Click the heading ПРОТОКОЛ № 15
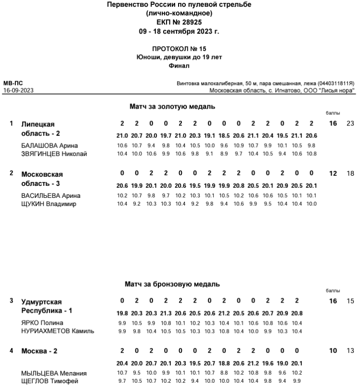coord(180,49)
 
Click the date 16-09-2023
coord(18,90)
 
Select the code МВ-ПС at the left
coord(10,83)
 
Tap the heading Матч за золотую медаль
coord(172,106)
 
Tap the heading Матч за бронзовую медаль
coord(172,284)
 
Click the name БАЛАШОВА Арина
coord(49,146)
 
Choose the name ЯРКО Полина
coord(42,323)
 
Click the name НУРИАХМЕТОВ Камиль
coord(58,331)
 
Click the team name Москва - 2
coord(39,351)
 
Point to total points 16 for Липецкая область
coord(333,124)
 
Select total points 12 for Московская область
coord(333,174)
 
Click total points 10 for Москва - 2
coord(333,351)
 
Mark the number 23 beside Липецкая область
coord(350,124)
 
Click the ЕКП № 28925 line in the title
coord(180,22)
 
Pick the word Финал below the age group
coord(180,65)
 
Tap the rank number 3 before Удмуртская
coord(12,301)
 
